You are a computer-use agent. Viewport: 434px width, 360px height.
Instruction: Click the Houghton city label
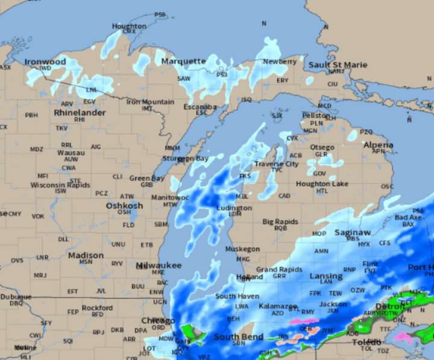[x=129, y=26]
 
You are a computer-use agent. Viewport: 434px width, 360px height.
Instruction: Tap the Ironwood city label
[x=45, y=62]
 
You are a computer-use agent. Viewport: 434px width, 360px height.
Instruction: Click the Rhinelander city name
[x=80, y=113]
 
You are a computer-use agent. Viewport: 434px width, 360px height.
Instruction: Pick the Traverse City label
[x=276, y=164]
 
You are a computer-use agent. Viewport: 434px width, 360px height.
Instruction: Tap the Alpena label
[x=378, y=145]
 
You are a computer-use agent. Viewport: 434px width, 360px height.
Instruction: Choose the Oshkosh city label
[x=124, y=206]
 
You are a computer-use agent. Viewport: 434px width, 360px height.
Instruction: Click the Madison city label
[x=86, y=255]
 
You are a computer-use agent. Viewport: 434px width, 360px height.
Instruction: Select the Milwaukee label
[x=159, y=265]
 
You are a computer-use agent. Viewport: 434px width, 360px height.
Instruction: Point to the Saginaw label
[x=354, y=232]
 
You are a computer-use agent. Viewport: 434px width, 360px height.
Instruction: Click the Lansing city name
[x=325, y=276]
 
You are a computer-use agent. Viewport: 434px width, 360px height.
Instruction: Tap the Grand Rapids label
[x=279, y=270]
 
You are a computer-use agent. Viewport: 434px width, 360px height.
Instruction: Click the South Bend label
[x=239, y=336]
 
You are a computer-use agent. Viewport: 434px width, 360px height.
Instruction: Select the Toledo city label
[x=366, y=342]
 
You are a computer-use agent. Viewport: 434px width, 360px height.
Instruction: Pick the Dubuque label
[x=16, y=297]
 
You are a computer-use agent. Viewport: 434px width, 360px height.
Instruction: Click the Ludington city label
[x=234, y=208]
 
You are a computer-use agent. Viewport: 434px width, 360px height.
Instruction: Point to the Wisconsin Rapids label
[x=60, y=185]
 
